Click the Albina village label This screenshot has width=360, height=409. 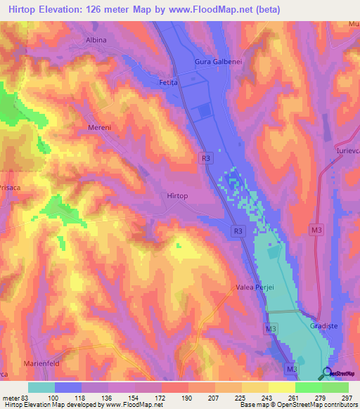(x=96, y=40)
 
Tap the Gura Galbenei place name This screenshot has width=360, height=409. (x=218, y=63)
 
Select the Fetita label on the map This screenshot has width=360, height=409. (x=169, y=82)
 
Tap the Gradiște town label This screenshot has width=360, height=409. (x=324, y=327)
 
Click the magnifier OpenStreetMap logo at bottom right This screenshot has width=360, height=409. (x=328, y=373)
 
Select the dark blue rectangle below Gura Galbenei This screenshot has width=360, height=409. (x=205, y=111)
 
